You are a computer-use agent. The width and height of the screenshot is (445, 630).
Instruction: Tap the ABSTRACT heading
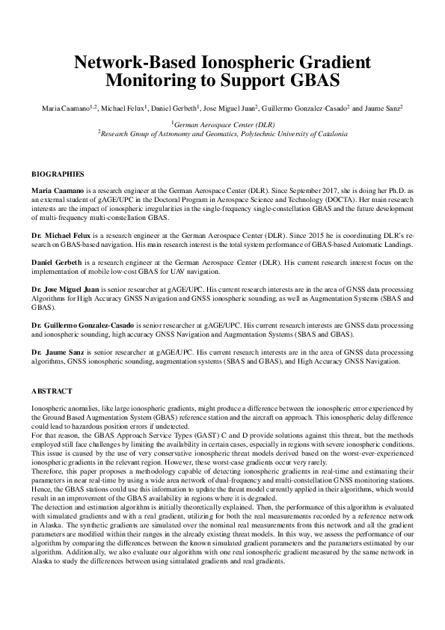pyautogui.click(x=52, y=391)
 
